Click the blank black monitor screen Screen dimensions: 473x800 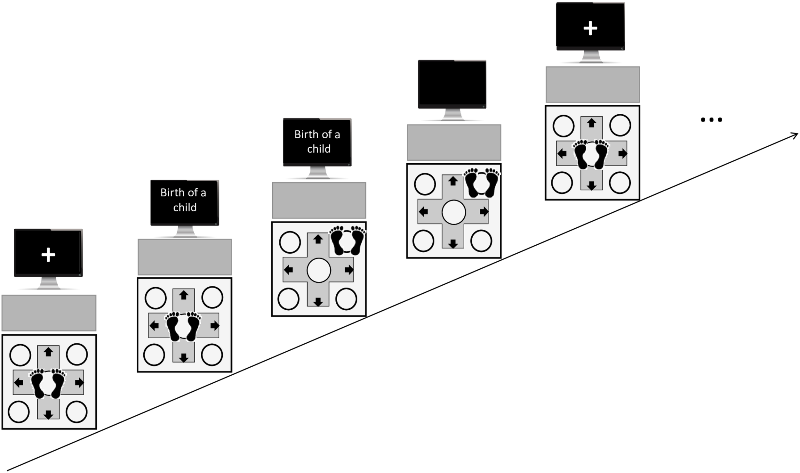click(452, 83)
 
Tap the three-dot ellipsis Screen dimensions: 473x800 click(711, 120)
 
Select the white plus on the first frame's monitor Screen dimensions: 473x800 click(48, 255)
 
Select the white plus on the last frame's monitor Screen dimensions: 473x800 click(590, 28)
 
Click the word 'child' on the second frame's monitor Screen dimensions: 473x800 click(185, 208)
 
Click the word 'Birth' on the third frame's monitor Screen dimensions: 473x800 click(306, 135)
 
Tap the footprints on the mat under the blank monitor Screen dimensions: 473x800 click(481, 183)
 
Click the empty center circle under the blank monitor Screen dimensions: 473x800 click(453, 212)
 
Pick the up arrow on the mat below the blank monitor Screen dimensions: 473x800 click(452, 181)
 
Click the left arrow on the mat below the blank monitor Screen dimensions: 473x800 click(423, 211)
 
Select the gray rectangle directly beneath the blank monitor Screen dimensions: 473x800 click(454, 142)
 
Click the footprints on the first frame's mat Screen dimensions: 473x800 click(48, 383)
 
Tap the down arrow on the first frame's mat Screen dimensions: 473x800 click(48, 415)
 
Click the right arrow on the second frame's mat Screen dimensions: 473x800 click(215, 326)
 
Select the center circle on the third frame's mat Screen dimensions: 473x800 click(318, 270)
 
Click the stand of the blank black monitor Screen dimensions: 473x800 click(452, 115)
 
